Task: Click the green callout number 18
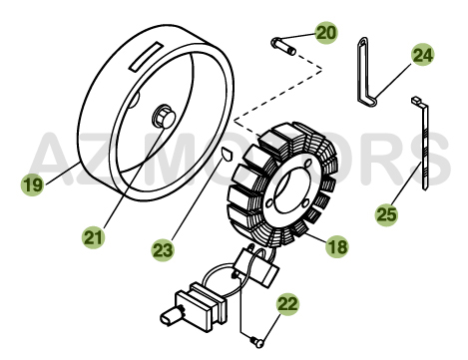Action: [336, 247]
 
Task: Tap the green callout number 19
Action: [32, 184]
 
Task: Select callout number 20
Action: [326, 33]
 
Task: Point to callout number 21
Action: [94, 237]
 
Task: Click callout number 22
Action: [288, 304]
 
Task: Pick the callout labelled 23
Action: [163, 250]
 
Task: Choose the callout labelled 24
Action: [423, 55]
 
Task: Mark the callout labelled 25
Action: [386, 214]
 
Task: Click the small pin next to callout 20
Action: [283, 46]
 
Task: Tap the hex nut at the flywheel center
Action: [164, 116]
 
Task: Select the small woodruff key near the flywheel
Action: [228, 155]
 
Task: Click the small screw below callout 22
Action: [257, 342]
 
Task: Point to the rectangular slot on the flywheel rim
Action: [146, 57]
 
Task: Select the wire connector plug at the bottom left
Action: [193, 307]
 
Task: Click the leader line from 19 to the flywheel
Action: [63, 173]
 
